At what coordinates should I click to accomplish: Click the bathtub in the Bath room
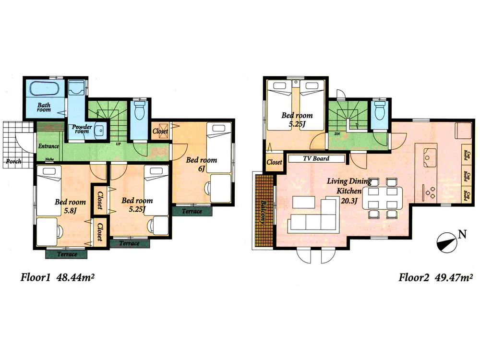click(x=44, y=90)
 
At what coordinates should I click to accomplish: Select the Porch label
click(x=13, y=161)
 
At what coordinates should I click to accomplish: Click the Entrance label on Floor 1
click(x=48, y=146)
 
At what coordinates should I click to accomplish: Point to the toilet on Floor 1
click(x=140, y=111)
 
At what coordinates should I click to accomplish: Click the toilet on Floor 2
click(x=379, y=111)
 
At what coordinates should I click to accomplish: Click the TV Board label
click(x=315, y=158)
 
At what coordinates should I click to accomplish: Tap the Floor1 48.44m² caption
click(x=56, y=277)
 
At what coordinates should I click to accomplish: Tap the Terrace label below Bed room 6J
click(x=191, y=211)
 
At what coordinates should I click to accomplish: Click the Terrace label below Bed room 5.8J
click(x=67, y=253)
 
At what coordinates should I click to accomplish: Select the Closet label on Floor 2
click(x=274, y=162)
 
